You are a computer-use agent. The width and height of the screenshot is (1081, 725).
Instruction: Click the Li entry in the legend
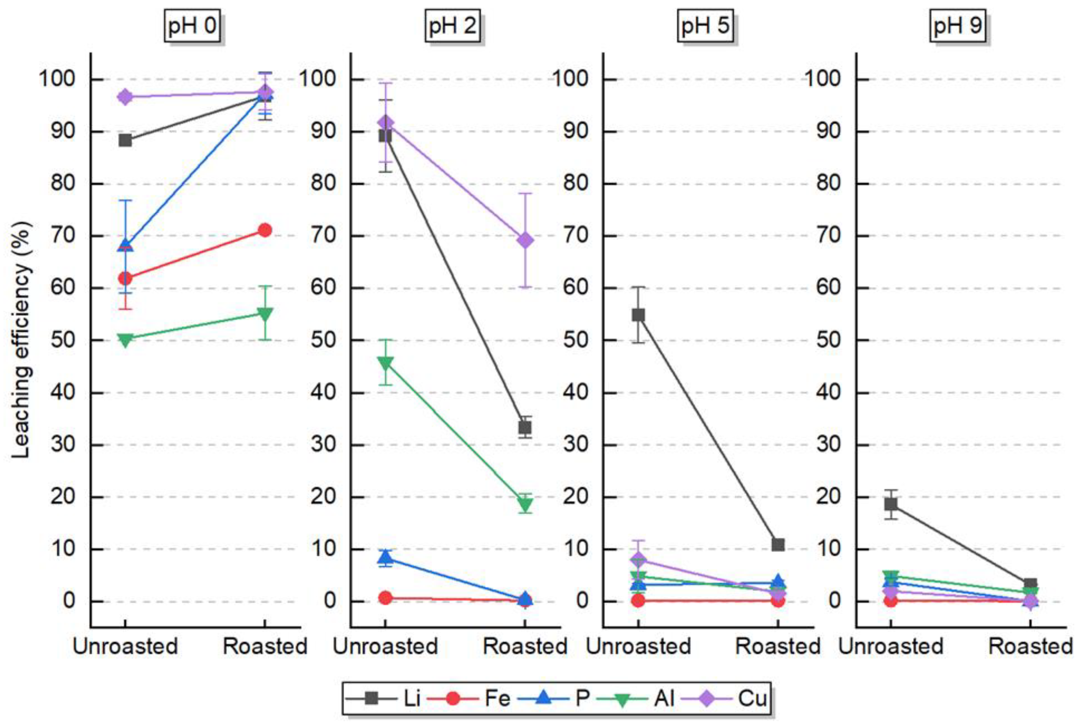coord(383,698)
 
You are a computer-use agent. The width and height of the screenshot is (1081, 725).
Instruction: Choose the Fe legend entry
coord(469,698)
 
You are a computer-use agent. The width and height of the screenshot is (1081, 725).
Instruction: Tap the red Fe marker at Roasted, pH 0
coord(265,230)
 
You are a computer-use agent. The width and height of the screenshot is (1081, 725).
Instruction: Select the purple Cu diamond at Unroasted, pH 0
coord(125,97)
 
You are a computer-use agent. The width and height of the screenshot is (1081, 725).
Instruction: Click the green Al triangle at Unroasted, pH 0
coord(125,340)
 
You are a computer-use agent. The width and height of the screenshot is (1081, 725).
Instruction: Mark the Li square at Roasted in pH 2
coord(524,427)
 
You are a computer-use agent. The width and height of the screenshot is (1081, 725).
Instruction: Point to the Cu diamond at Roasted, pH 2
coord(525,240)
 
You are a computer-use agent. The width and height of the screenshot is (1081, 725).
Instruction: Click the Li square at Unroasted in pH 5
coord(638,315)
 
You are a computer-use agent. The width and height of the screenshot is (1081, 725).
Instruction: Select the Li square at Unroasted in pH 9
coord(891,504)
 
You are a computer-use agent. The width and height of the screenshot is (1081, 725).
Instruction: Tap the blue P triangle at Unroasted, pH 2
coord(385,558)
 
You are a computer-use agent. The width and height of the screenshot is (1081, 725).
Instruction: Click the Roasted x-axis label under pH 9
coord(1030,646)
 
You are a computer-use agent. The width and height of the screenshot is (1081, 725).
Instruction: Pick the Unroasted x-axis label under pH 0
coord(125,646)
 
